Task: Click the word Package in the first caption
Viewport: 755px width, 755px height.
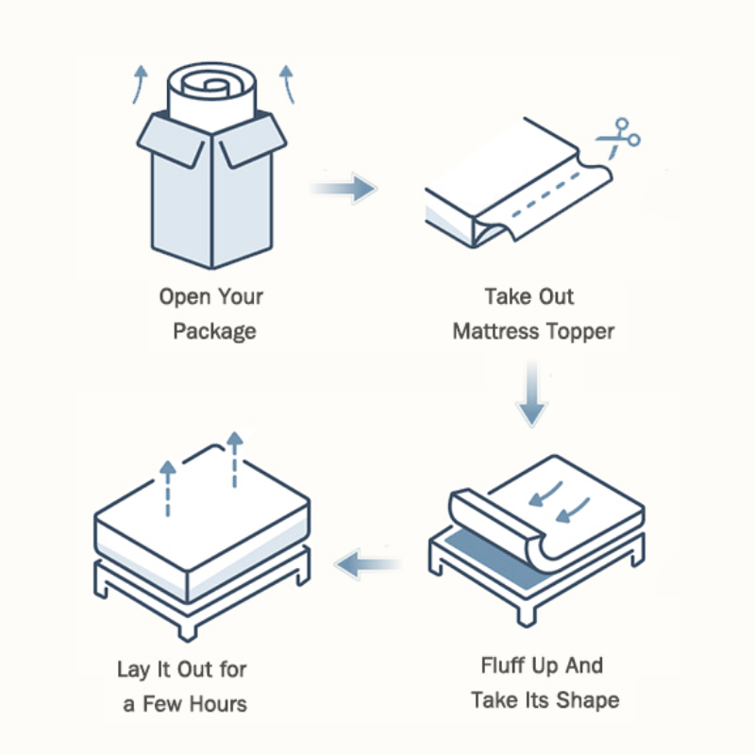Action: point(214,332)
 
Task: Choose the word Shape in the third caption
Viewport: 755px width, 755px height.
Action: point(586,700)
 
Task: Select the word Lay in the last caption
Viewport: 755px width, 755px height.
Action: point(134,670)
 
